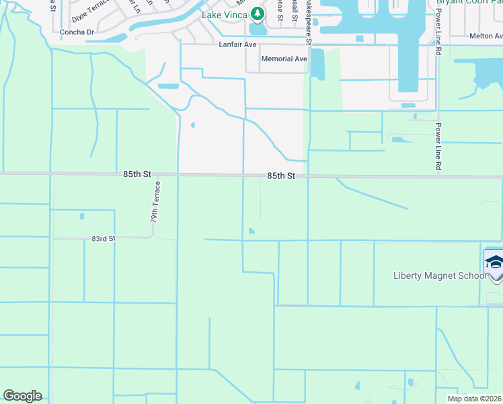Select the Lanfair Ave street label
click(238, 44)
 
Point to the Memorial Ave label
click(284, 59)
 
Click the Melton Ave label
click(486, 36)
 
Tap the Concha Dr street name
click(76, 32)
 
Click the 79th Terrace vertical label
click(155, 202)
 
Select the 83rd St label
click(104, 238)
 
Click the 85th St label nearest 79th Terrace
click(137, 174)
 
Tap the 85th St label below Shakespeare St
click(281, 176)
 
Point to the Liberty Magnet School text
click(440, 275)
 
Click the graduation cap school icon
click(494, 262)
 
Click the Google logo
click(22, 396)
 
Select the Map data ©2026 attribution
click(474, 399)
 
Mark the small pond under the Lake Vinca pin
click(258, 30)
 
